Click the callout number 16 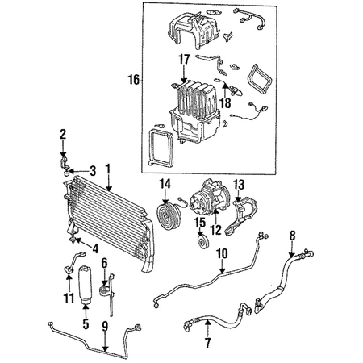134,80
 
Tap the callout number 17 184,59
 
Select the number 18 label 225,102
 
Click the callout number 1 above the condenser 108,169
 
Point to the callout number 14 165,185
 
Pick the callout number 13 239,185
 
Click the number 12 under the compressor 216,230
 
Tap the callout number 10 222,253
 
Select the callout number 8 292,236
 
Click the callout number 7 207,342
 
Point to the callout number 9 105,326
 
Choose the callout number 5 86,324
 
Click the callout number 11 69,298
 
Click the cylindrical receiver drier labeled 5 85,284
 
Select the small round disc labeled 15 203,242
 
